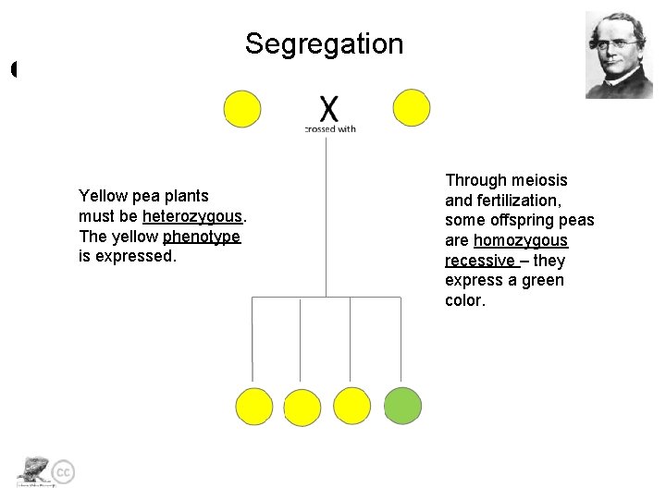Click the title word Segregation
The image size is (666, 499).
click(324, 43)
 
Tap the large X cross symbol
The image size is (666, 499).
click(329, 109)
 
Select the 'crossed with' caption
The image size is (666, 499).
click(330, 129)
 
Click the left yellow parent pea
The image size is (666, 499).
click(242, 109)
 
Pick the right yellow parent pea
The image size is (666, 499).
click(412, 108)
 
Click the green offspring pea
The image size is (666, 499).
click(402, 406)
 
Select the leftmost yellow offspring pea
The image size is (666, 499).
click(254, 407)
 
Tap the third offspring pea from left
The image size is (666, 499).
click(351, 407)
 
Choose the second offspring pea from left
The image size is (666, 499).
click(302, 408)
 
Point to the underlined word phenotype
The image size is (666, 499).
click(202, 237)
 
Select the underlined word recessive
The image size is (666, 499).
click(478, 261)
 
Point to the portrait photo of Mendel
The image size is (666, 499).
click(619, 55)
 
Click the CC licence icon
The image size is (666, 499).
click(63, 472)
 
